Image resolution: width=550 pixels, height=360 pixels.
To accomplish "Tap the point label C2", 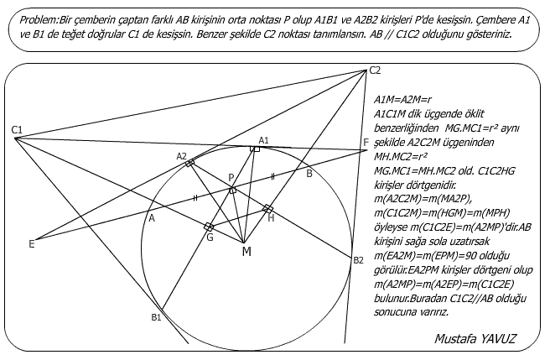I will click(x=375, y=70).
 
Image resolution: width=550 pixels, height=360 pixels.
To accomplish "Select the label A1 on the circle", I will click(x=263, y=139).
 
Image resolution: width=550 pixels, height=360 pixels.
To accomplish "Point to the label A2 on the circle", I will click(x=182, y=156).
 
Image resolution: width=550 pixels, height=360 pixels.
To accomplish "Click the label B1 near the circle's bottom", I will click(x=156, y=316).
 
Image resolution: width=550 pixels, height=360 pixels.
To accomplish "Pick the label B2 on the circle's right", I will click(x=358, y=260).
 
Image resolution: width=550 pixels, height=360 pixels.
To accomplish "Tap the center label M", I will click(x=246, y=251).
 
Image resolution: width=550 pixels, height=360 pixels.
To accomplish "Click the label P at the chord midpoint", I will click(x=231, y=178).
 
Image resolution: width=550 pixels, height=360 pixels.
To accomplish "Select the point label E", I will click(x=31, y=244).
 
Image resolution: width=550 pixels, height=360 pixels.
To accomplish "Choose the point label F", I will click(x=365, y=141).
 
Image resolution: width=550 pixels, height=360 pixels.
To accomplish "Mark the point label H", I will click(x=271, y=217).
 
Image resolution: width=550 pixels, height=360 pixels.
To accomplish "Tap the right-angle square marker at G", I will click(x=209, y=227).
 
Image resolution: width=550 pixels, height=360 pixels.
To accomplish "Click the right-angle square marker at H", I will click(x=268, y=207).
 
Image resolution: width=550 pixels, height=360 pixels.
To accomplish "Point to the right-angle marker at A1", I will click(x=256, y=149).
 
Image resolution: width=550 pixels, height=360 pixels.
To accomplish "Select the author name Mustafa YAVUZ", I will click(x=474, y=339).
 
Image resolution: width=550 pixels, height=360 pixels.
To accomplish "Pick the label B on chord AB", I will click(x=309, y=174).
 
